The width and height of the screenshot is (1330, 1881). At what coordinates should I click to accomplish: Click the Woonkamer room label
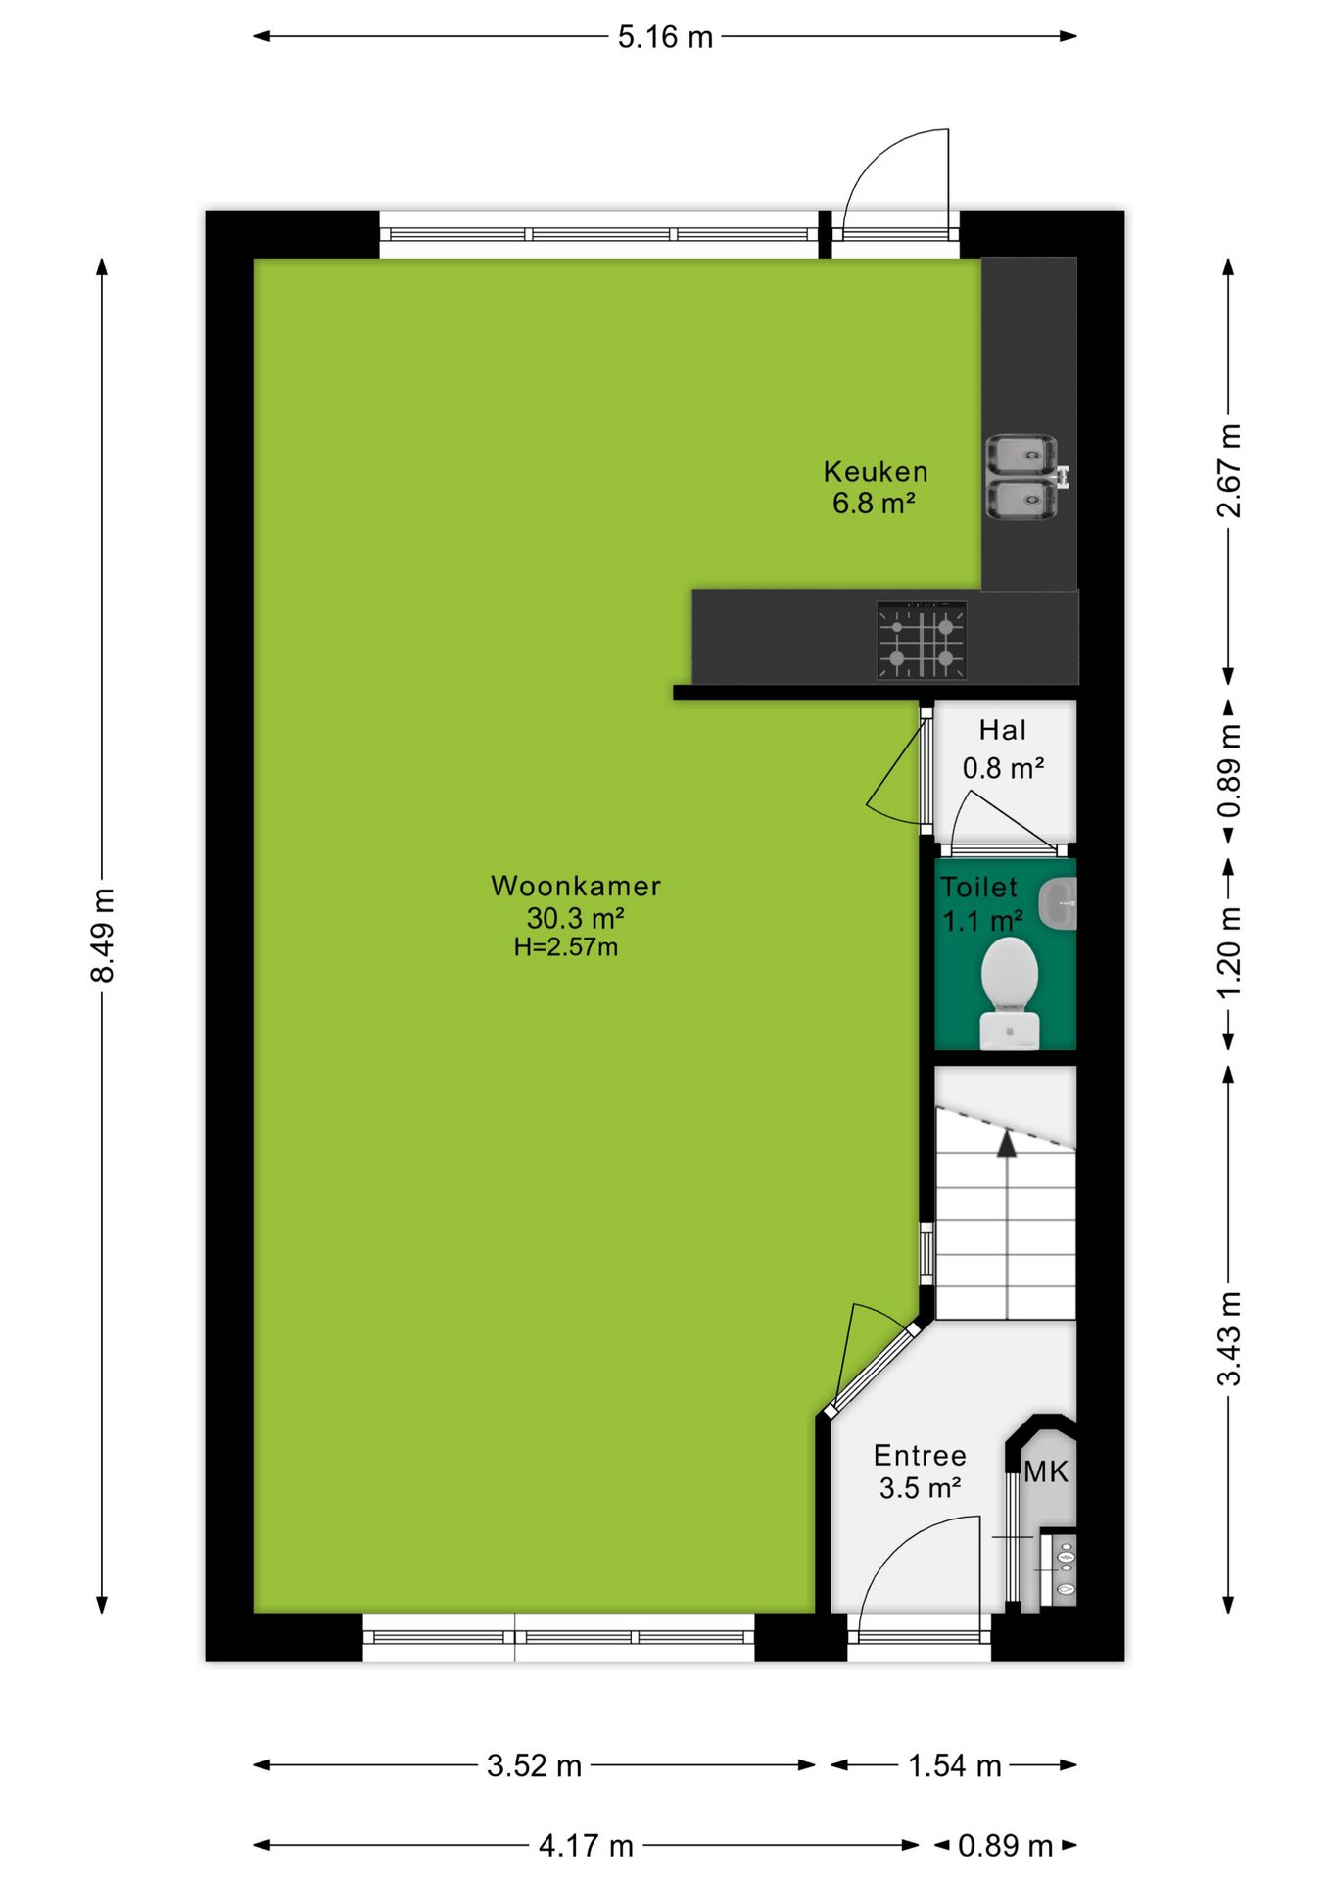576,886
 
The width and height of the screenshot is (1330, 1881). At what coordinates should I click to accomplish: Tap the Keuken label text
876,471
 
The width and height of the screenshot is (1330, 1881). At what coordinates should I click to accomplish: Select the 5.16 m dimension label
665,37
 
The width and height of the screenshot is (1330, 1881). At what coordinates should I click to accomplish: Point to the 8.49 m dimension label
103,935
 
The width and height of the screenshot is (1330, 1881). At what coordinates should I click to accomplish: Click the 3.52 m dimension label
535,1765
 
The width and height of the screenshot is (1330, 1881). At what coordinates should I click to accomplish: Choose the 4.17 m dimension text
586,1846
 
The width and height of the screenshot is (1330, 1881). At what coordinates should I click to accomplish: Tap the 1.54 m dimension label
955,1765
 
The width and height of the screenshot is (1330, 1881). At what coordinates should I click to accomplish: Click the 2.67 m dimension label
1229,470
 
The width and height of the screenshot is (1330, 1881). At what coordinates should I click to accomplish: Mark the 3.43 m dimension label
1229,1338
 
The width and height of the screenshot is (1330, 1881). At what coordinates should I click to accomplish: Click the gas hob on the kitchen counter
922,640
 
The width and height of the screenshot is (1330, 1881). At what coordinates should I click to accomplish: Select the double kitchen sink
1023,477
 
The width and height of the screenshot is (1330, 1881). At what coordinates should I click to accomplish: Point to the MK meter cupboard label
1046,1471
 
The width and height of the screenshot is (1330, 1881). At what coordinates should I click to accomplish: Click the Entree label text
920,1455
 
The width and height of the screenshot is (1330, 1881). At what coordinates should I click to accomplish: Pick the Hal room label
1003,730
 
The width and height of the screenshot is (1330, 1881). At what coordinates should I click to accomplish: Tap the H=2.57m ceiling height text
566,947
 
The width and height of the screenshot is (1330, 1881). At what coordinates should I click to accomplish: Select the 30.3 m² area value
576,918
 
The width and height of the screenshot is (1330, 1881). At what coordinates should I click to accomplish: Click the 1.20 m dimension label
1229,951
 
